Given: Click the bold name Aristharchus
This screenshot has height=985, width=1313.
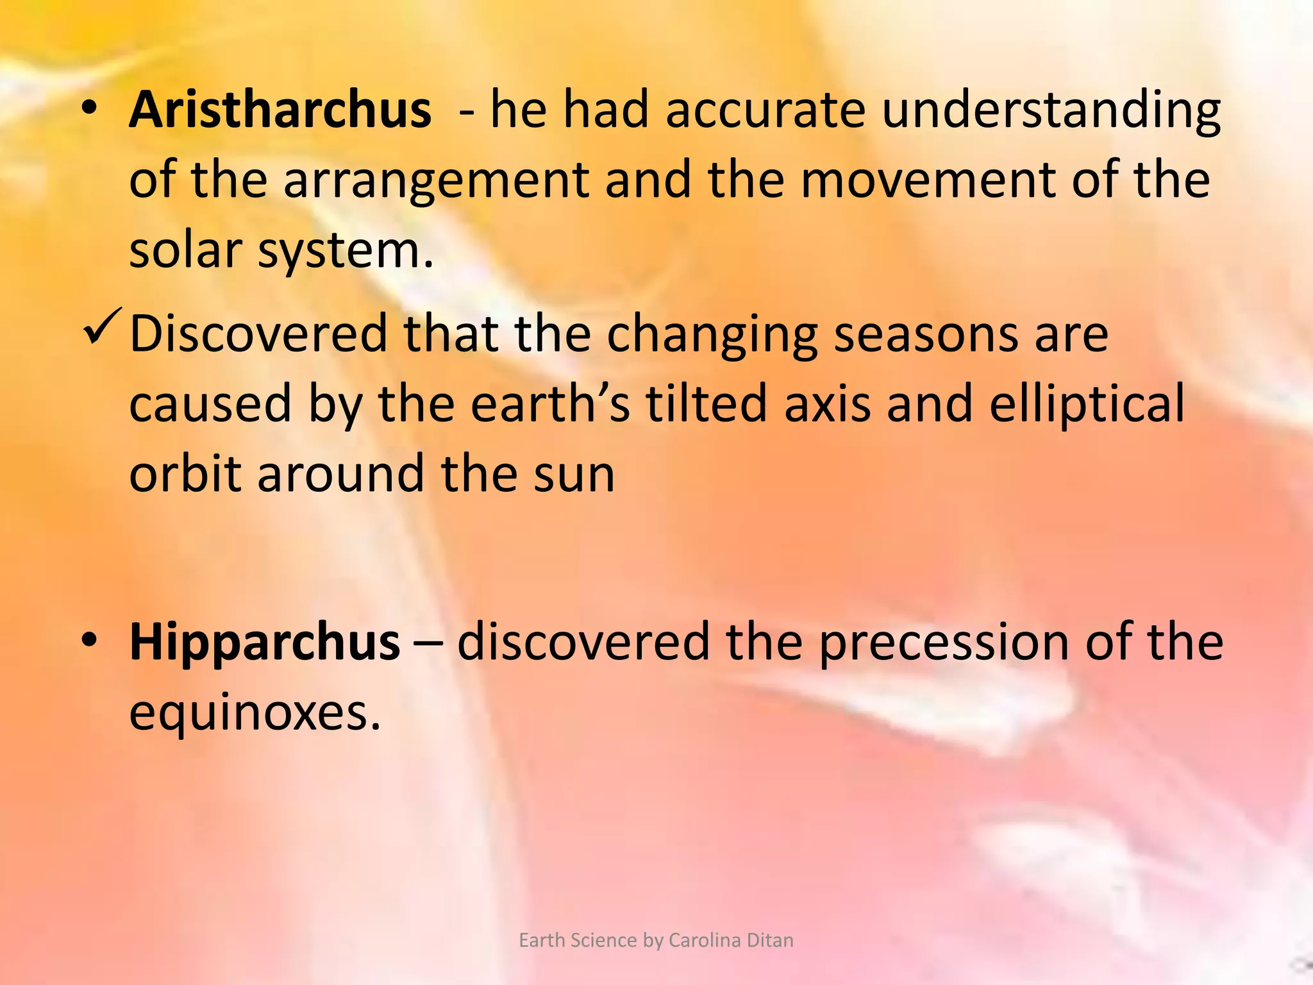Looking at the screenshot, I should click(280, 110).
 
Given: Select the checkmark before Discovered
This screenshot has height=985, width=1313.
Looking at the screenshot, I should click(101, 326).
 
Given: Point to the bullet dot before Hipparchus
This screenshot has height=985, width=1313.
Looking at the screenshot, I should click(90, 641).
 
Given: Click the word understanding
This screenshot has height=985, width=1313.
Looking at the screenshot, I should click(1051, 111).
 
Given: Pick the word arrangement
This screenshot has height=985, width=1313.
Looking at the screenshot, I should click(436, 180).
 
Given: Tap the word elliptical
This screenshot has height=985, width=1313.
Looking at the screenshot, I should click(1087, 405).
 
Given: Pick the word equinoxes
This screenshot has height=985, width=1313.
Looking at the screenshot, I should click(255, 713).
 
